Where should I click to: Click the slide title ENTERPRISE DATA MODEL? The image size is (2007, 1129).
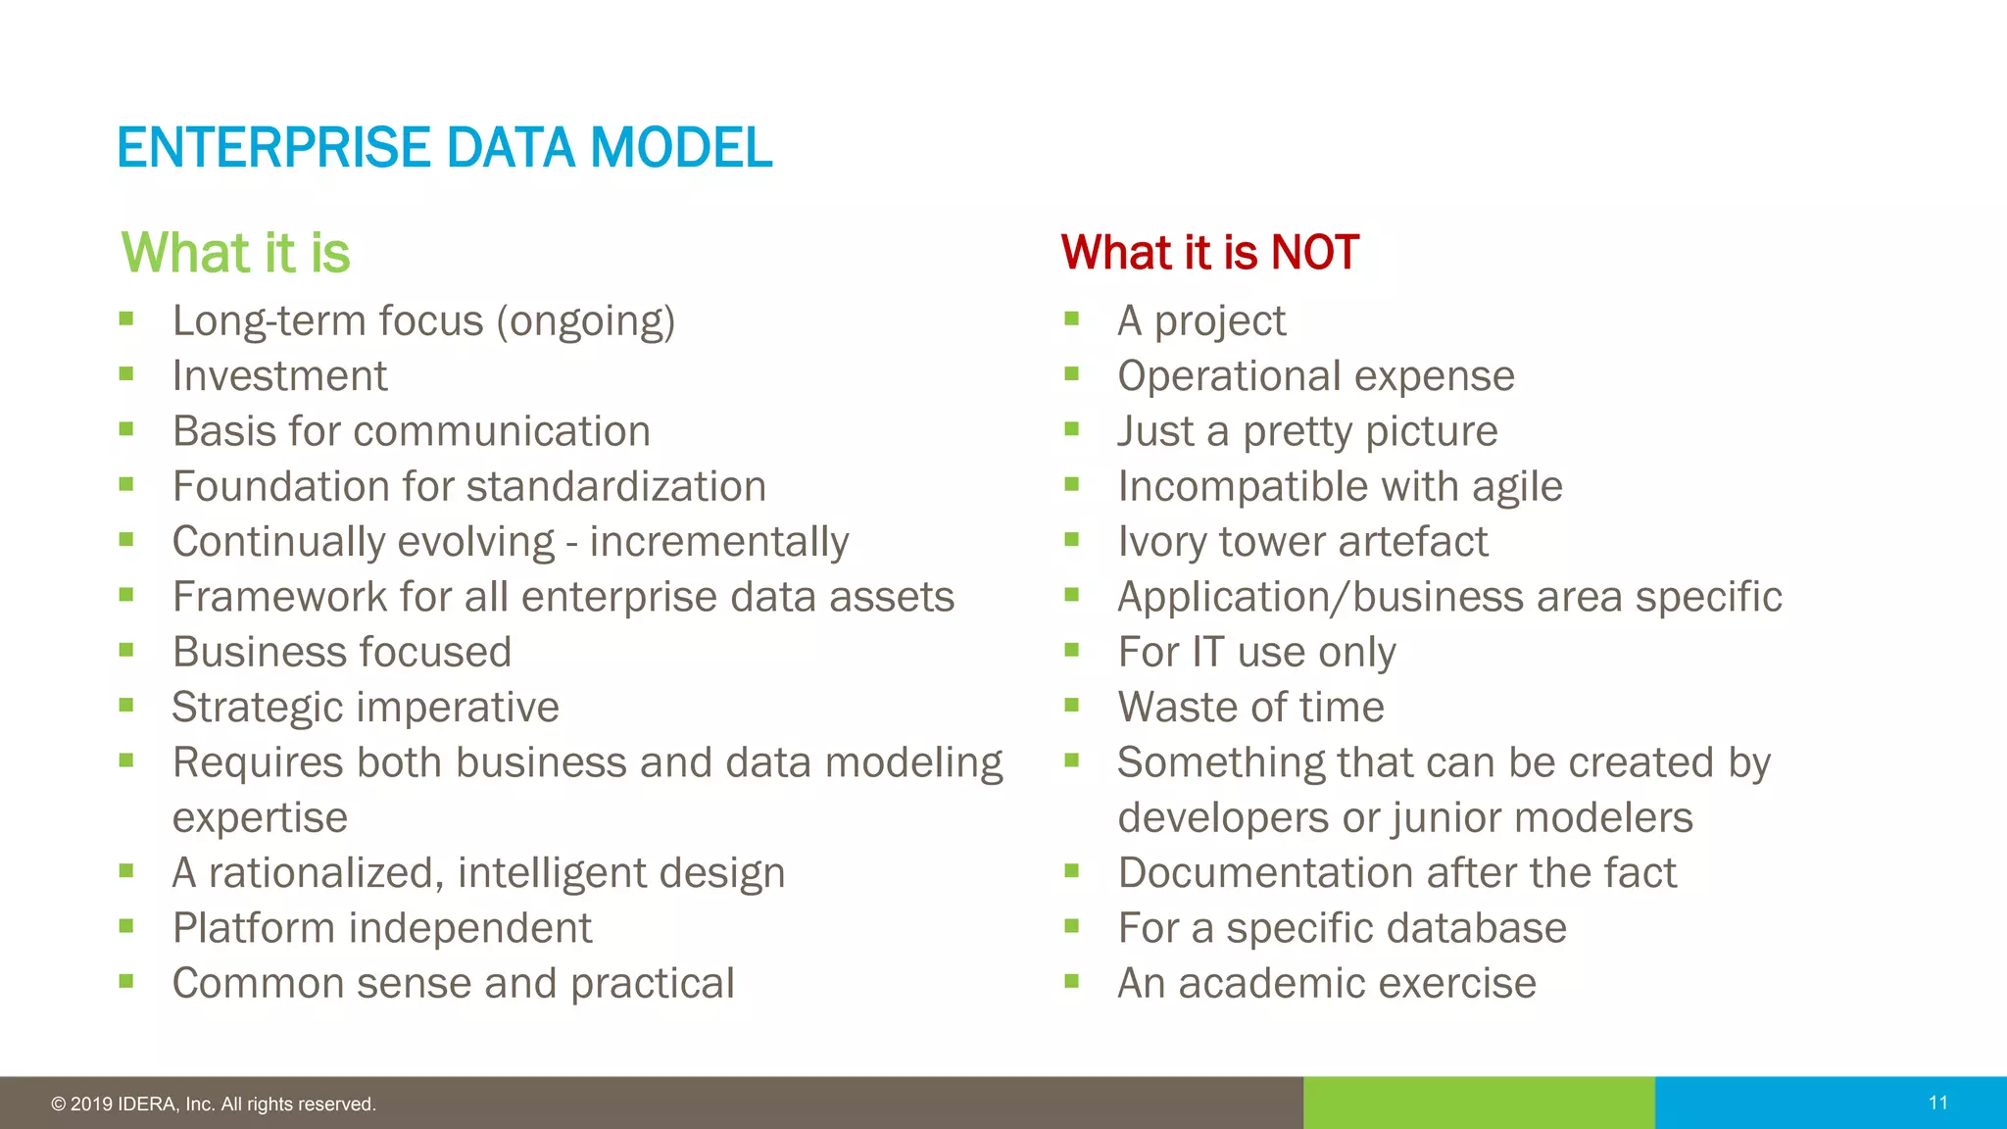(444, 148)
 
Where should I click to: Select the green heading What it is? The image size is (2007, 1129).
(235, 253)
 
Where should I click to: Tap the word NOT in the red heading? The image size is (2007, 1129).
(1314, 253)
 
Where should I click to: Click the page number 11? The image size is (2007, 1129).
(1937, 1103)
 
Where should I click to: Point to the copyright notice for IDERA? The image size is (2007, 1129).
(214, 1104)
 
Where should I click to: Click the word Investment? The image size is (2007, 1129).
(279, 376)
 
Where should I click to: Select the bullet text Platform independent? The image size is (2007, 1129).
(382, 928)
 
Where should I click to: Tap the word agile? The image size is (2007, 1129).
(1516, 487)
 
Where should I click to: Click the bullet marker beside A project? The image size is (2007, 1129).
(1071, 319)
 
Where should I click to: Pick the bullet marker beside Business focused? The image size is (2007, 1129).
(125, 650)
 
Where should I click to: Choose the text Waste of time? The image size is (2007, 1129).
(1250, 708)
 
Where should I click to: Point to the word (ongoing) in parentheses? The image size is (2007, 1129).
(585, 321)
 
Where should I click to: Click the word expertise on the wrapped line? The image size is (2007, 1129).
(260, 818)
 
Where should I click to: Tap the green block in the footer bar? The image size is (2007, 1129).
(1478, 1103)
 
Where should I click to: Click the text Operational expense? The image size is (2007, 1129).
(1315, 376)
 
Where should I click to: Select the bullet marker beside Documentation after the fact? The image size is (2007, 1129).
(1071, 870)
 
